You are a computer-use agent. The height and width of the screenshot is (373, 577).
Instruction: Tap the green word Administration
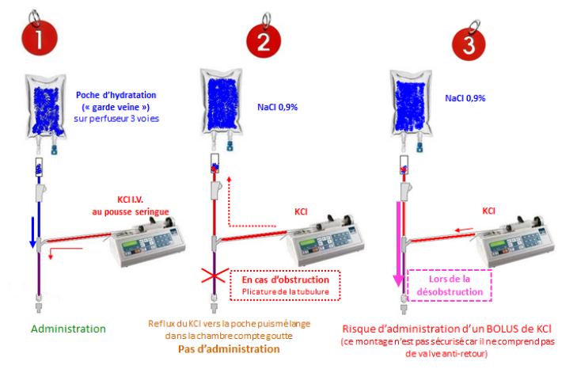(69, 328)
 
